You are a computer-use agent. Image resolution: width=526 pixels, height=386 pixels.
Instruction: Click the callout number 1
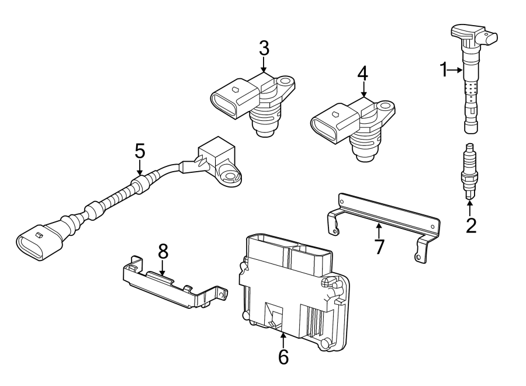(x=444, y=70)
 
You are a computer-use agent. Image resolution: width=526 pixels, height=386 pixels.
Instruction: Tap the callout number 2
(x=471, y=225)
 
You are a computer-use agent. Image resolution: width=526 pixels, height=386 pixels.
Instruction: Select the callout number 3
(x=264, y=48)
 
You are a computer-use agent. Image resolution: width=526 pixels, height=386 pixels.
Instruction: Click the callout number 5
(x=140, y=151)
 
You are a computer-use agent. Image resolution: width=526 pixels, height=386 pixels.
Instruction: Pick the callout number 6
(x=283, y=357)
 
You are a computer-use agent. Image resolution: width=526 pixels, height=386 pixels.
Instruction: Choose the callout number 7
(x=379, y=247)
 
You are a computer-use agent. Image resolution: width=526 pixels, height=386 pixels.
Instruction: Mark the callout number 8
(x=163, y=251)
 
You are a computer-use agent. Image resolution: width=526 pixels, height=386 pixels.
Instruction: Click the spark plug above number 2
(x=469, y=172)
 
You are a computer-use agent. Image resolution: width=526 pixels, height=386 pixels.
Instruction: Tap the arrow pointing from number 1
(x=456, y=70)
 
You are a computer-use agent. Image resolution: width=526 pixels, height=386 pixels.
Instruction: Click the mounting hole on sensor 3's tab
(x=285, y=81)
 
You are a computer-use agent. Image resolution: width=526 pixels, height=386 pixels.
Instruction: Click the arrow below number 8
(x=162, y=268)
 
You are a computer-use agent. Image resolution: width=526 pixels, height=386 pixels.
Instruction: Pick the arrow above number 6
(x=283, y=340)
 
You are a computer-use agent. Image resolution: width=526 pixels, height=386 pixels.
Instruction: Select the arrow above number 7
(x=379, y=231)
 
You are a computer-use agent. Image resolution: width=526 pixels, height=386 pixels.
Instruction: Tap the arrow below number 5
(x=140, y=167)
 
